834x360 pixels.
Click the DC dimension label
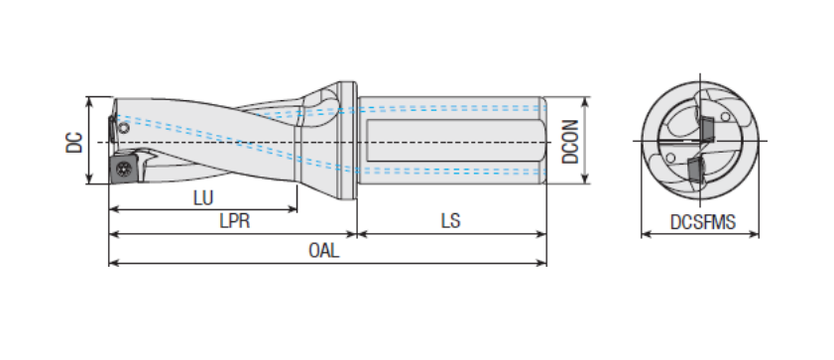click(74, 142)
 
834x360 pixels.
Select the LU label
click(203, 198)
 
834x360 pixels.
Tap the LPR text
click(235, 221)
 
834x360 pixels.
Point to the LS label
click(450, 221)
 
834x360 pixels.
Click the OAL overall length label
click(323, 251)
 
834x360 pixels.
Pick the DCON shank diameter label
click(570, 142)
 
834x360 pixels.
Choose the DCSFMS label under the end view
click(703, 222)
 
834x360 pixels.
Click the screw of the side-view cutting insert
click(124, 170)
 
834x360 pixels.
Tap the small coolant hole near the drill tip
click(124, 128)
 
